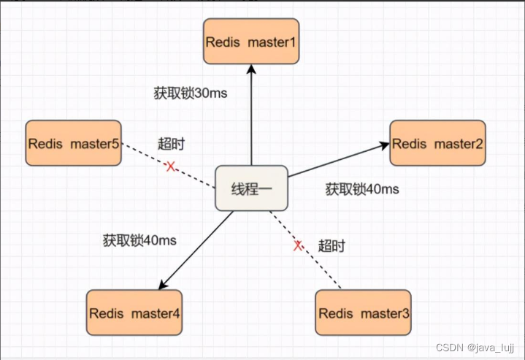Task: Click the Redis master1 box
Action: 250,42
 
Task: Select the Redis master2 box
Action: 437,144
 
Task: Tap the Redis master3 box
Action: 364,313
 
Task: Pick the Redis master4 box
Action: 134,313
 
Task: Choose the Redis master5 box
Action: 73,143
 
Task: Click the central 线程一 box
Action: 251,188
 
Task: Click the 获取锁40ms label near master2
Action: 362,189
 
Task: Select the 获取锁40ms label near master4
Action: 139,240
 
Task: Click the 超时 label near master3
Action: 331,245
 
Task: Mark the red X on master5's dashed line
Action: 171,166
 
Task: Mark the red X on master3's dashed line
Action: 298,246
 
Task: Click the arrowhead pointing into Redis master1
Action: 250,69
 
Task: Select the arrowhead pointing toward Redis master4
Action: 163,285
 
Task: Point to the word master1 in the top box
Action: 272,42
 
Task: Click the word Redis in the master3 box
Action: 336,313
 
